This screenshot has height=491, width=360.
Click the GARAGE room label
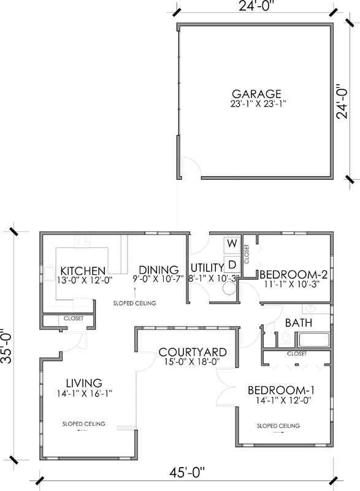pyautogui.click(x=256, y=94)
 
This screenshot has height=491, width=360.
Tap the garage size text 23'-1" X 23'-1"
pyautogui.click(x=256, y=105)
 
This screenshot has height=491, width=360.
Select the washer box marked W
pyautogui.click(x=232, y=244)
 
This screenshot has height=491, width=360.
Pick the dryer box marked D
pyautogui.click(x=232, y=264)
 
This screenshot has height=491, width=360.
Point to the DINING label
pyautogui.click(x=158, y=270)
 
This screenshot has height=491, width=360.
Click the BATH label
pyautogui.click(x=299, y=323)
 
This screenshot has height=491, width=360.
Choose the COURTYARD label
pyautogui.click(x=193, y=352)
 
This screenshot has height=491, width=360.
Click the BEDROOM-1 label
pyautogui.click(x=281, y=391)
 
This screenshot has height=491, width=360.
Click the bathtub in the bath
pyautogui.click(x=314, y=340)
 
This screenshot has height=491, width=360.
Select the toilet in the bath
pyautogui.click(x=285, y=337)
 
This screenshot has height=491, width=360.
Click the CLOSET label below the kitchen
pyautogui.click(x=73, y=319)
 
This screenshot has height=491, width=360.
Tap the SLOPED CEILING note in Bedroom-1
pyautogui.click(x=278, y=425)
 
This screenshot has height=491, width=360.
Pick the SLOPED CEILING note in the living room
pyautogui.click(x=83, y=424)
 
